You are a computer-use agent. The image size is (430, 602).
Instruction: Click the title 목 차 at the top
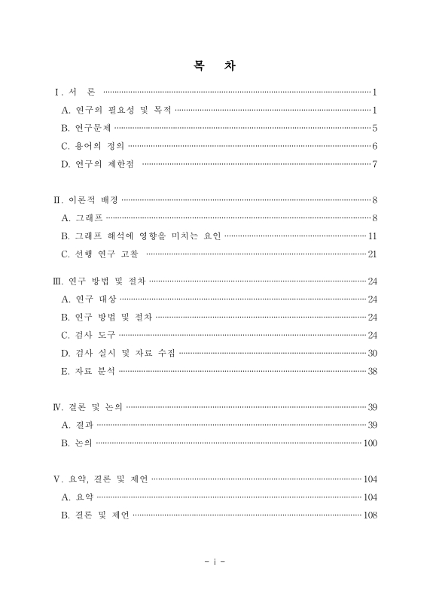215,65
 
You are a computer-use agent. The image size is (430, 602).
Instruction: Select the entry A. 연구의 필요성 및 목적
116,110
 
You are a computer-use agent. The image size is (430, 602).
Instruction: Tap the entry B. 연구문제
86,128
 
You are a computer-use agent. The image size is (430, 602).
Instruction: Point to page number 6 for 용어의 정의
374,145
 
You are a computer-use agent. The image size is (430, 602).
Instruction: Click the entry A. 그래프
82,217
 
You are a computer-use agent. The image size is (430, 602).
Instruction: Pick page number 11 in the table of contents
373,236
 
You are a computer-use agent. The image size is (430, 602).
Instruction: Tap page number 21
372,254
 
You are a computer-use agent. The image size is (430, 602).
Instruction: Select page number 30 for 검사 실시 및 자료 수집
372,352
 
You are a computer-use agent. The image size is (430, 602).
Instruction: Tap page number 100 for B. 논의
370,443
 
